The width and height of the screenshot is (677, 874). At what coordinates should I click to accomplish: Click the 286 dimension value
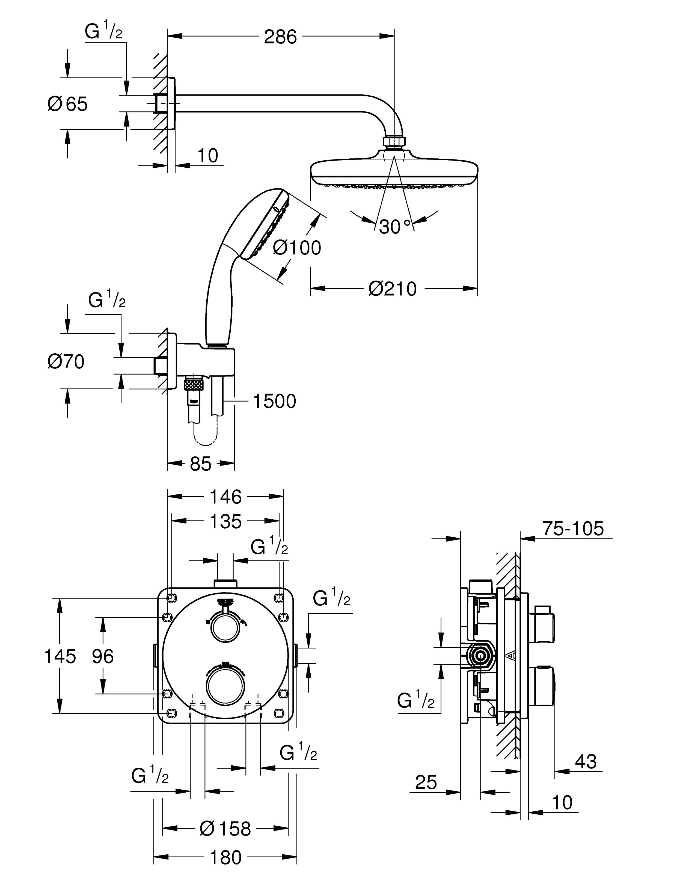pyautogui.click(x=280, y=37)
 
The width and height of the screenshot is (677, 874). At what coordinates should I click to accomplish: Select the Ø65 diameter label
pyautogui.click(x=67, y=104)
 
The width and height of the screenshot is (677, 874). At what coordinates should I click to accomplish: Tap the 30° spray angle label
pyautogui.click(x=394, y=227)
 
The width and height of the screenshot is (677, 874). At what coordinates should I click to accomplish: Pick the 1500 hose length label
pyautogui.click(x=274, y=401)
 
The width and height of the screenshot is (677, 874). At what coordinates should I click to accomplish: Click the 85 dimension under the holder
pyautogui.click(x=200, y=464)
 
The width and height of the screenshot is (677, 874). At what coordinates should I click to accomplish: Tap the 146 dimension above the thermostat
pyautogui.click(x=226, y=497)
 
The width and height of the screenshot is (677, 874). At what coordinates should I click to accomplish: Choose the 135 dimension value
pyautogui.click(x=226, y=522)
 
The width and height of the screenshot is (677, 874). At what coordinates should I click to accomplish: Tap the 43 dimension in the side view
pyautogui.click(x=586, y=761)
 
